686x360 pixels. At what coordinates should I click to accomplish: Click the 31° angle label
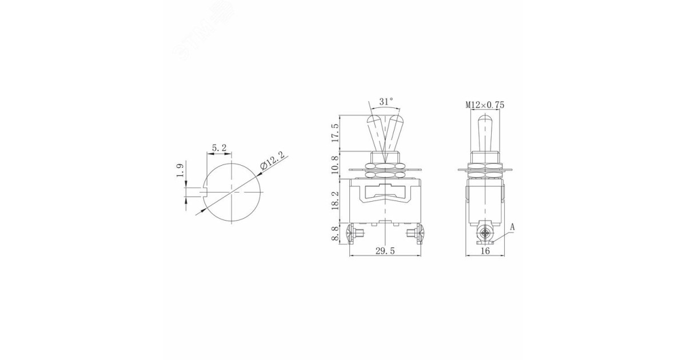click(386, 101)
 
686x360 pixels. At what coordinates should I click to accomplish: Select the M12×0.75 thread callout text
click(484, 105)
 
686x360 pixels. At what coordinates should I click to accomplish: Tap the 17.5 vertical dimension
click(336, 133)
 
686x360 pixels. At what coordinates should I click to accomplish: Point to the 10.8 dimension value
click(336, 165)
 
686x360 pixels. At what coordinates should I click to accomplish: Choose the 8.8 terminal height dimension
click(336, 233)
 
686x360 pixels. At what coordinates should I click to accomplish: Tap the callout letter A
click(512, 227)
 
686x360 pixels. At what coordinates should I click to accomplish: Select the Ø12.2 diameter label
click(272, 162)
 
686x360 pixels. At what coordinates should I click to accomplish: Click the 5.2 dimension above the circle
click(219, 148)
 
